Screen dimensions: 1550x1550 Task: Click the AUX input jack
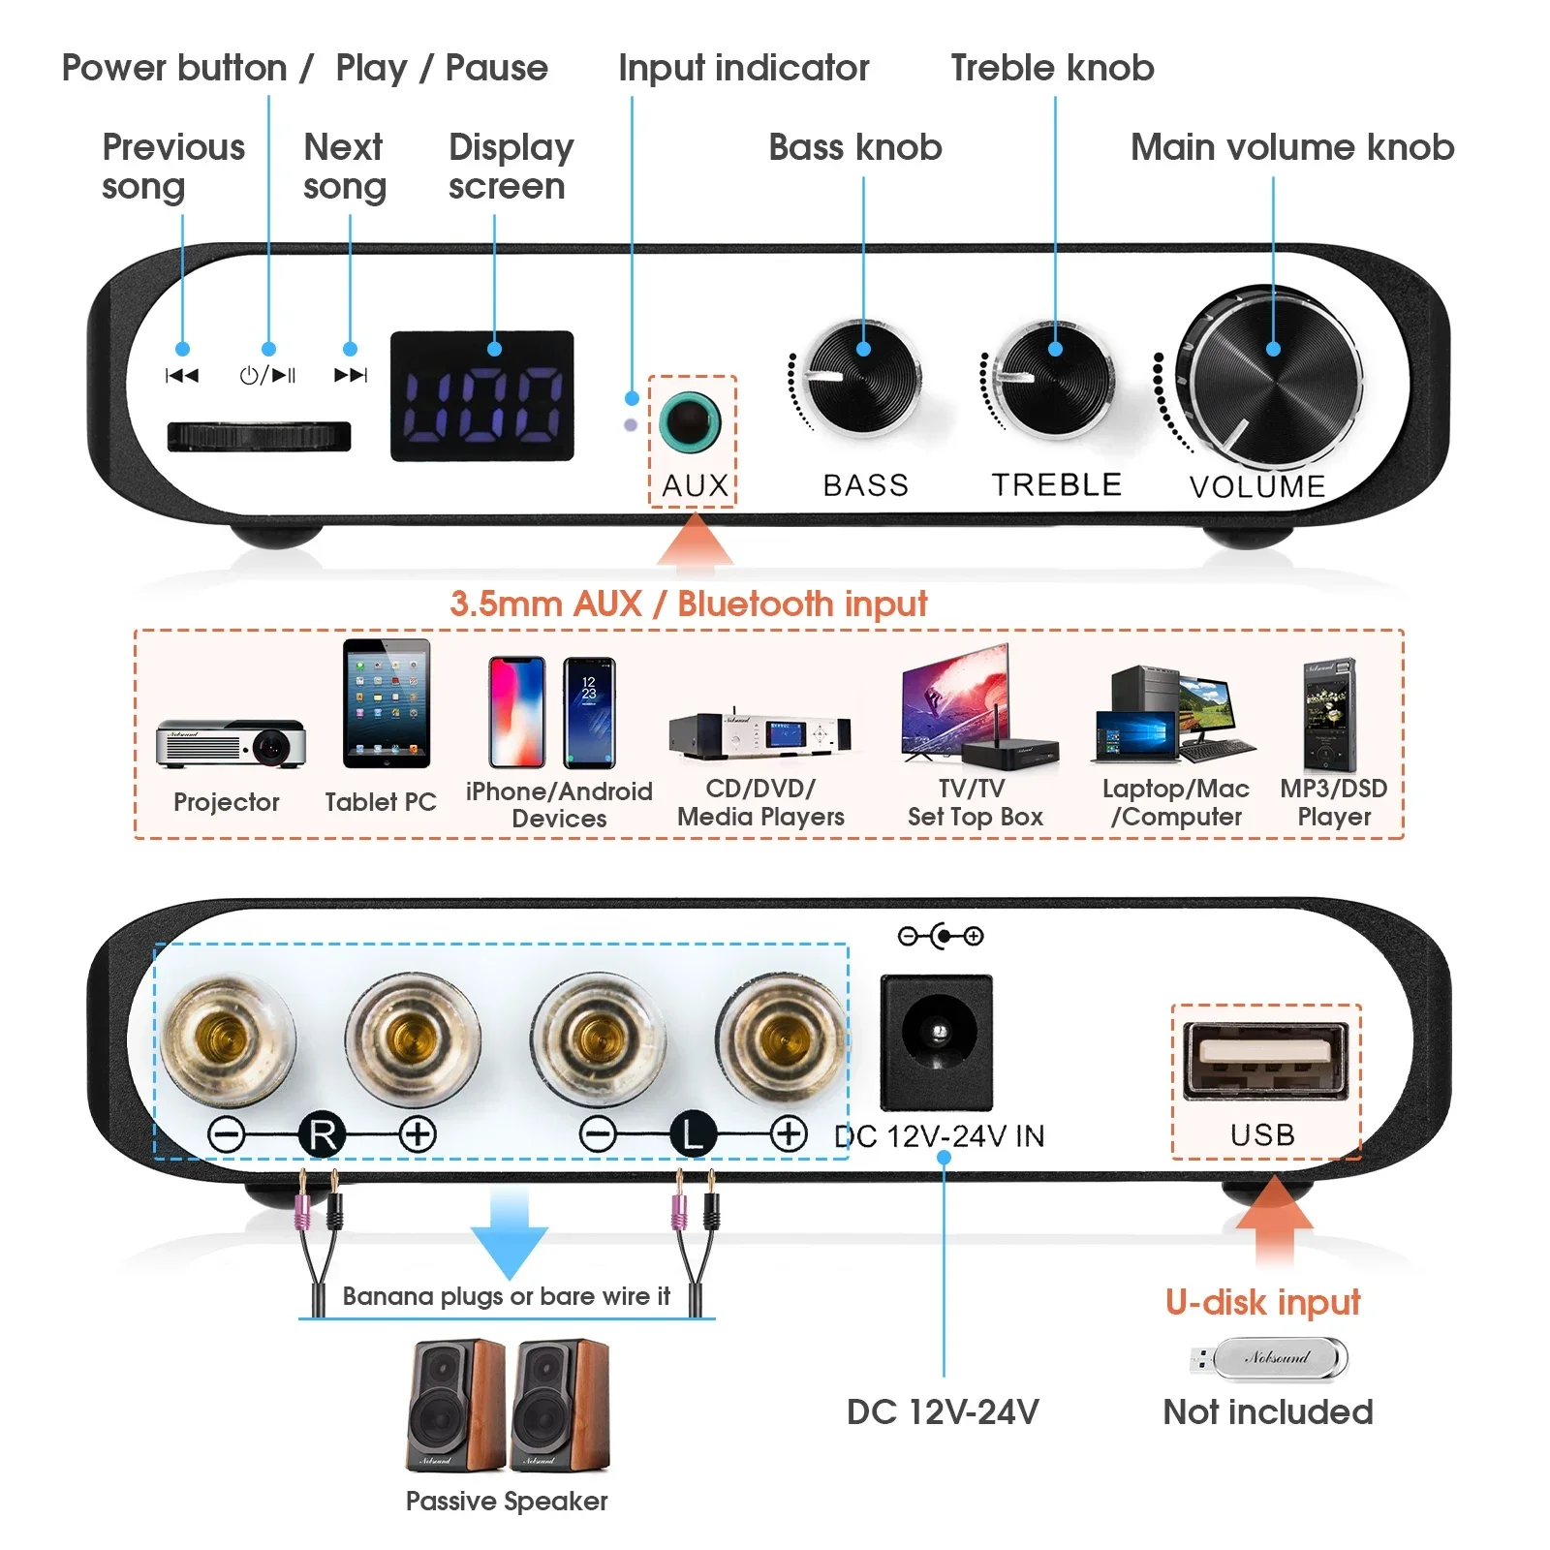[690, 422]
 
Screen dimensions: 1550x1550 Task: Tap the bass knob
[861, 379]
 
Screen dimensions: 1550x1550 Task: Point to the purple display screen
[481, 396]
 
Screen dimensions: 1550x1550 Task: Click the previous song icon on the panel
[182, 376]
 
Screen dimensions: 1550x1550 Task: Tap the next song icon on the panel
[351, 376]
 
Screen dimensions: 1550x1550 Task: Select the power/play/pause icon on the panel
[267, 376]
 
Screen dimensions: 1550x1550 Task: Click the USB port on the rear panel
[1265, 1060]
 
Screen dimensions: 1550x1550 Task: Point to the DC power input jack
[936, 1040]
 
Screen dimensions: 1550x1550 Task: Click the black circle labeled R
[323, 1134]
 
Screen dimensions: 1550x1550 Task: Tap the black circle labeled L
[693, 1134]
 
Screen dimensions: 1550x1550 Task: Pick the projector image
[231, 744]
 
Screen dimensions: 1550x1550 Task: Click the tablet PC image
[387, 703]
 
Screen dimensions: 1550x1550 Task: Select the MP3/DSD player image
[1330, 715]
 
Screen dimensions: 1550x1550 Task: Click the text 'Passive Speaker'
[507, 1501]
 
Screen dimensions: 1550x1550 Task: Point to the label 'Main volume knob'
[1292, 147]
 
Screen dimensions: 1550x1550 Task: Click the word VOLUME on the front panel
[1257, 486]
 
